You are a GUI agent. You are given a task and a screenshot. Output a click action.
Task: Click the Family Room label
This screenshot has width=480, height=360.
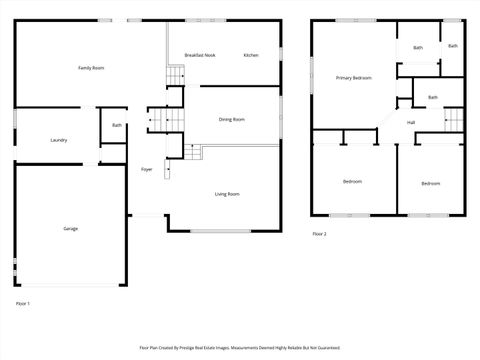92,68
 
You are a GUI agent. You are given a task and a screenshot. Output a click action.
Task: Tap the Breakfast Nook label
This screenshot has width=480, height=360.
200,55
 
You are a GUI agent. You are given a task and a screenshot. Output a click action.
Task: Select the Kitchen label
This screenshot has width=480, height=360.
251,55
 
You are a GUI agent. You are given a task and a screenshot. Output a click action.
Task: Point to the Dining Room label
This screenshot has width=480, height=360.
232,120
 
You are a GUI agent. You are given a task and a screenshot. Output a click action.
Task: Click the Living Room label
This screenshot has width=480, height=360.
227,194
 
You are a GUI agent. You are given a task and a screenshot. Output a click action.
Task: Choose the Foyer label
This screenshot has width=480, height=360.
146,170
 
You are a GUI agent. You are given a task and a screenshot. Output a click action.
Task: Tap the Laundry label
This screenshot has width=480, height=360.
59,140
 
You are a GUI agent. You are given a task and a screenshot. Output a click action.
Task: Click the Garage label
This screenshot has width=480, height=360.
71,229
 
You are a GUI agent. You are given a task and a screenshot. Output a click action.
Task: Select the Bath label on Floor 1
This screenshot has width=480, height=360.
117,126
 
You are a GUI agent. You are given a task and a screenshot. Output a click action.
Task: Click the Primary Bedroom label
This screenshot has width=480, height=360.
354,77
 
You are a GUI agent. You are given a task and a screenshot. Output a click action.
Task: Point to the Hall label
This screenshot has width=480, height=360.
411,122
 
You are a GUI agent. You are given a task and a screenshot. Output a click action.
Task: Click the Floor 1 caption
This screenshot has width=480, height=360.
23,303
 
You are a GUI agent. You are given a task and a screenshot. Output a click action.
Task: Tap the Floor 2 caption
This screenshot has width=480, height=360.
319,234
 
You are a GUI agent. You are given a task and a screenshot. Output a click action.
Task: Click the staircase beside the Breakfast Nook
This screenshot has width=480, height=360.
176,76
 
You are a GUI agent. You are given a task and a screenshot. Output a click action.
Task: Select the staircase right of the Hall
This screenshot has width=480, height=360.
455,120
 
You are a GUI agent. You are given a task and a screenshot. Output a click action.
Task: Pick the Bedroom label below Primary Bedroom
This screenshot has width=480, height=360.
353,181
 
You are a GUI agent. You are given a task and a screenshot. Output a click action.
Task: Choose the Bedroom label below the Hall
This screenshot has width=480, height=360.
431,183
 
